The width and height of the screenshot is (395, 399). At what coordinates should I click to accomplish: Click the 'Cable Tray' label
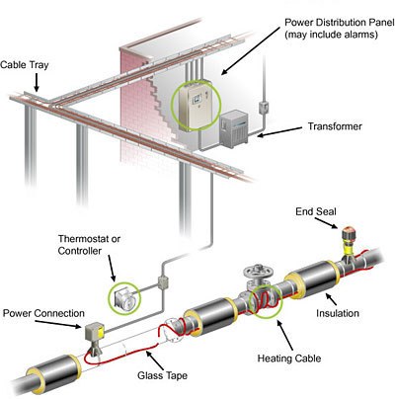25,64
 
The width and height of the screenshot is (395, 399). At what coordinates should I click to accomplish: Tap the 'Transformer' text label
335,126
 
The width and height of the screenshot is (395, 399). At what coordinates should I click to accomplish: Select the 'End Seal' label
316,211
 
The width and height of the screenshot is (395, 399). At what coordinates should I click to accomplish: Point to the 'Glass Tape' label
162,375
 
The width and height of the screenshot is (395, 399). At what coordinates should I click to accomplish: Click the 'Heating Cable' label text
289,358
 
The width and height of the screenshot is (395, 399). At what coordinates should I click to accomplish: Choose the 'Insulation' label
338,313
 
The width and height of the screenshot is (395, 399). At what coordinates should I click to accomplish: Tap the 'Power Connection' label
43,313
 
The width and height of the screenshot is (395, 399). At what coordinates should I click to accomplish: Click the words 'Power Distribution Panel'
339,23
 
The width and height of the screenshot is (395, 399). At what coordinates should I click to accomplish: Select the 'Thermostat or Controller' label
89,245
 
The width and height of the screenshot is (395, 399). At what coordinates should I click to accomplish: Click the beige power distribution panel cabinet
195,106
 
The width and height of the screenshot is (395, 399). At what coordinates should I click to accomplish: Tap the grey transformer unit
234,129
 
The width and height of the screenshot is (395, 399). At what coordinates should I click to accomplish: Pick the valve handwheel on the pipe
259,272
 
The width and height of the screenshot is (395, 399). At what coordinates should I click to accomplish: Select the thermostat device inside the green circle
123,298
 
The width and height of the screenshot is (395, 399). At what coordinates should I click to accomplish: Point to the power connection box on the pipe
95,332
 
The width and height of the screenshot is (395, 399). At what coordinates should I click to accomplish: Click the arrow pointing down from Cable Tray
37,82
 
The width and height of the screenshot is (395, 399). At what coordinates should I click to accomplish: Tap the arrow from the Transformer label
279,131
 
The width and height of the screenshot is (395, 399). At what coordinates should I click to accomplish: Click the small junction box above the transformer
264,107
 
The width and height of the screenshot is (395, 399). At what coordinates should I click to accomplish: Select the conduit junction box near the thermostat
163,283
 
